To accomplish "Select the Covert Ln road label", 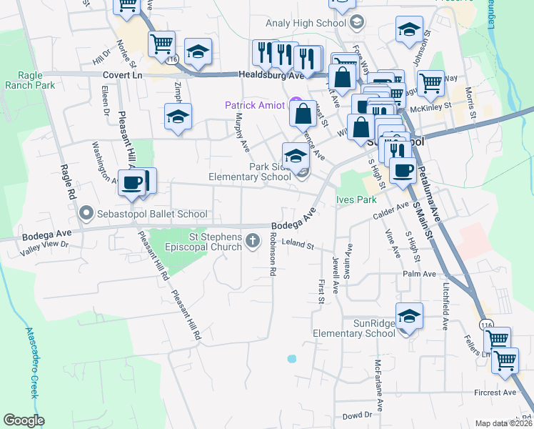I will pyautogui.click(x=123, y=74).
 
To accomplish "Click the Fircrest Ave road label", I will pyautogui.click(x=495, y=393).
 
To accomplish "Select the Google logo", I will pyautogui.click(x=24, y=420).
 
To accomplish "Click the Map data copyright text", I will pyautogui.click(x=503, y=423).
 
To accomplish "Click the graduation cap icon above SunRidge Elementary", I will pyautogui.click(x=410, y=316).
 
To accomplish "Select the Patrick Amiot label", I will pyautogui.click(x=256, y=105).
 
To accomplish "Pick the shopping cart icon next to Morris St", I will pyautogui.click(x=431, y=84).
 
